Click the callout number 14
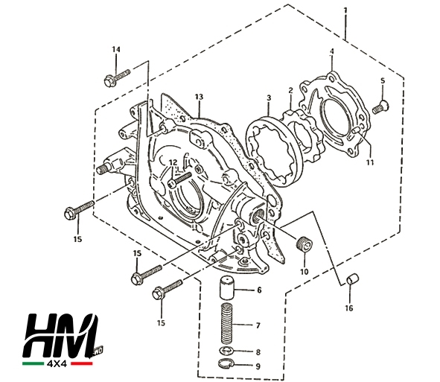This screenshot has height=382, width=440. pyautogui.click(x=116, y=49)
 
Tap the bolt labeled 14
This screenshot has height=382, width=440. pyautogui.click(x=117, y=77)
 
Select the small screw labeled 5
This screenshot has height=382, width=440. pyautogui.click(x=380, y=106)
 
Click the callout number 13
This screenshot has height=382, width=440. pyautogui.click(x=199, y=97)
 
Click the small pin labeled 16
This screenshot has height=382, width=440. pyautogui.click(x=353, y=278)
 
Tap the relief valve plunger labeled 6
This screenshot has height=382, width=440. pyautogui.click(x=227, y=288)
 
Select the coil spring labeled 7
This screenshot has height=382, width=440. pyautogui.click(x=228, y=323)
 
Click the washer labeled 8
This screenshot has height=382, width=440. pyautogui.click(x=227, y=351)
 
